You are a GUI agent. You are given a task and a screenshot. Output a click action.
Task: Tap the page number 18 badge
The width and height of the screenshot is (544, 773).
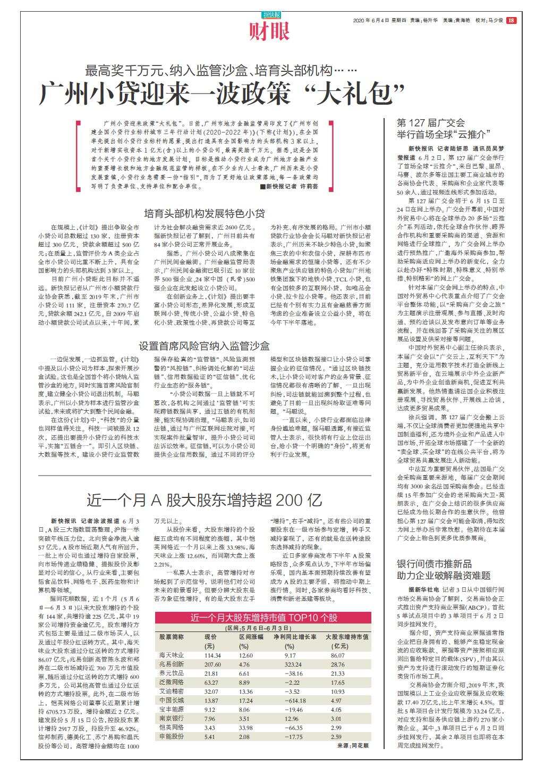coord(511,21)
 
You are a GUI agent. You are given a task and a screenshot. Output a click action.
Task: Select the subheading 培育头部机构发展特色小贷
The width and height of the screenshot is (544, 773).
coord(205,214)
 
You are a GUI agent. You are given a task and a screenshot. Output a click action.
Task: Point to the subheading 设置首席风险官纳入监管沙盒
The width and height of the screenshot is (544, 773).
coord(205,345)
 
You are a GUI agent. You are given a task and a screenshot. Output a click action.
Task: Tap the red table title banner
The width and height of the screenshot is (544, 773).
coord(263,618)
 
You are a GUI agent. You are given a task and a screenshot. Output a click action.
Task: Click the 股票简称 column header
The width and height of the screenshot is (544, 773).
coord(172,636)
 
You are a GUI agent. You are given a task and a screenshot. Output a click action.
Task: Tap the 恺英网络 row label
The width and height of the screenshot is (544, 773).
coord(171,727)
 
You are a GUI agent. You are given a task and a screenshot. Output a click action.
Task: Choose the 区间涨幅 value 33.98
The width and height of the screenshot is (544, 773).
coord(246,727)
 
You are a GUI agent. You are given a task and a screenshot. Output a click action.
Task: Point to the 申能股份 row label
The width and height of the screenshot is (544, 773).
coord(171,737)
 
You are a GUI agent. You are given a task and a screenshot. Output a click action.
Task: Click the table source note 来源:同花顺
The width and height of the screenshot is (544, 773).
coord(353,746)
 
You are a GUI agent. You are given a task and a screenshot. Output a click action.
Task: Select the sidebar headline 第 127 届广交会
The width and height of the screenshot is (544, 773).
coord(431,122)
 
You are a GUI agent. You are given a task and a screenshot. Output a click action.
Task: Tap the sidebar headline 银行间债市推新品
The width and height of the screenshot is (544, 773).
coord(435,564)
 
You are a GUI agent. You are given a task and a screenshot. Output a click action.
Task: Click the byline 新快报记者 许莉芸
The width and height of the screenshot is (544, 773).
coord(289,187)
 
